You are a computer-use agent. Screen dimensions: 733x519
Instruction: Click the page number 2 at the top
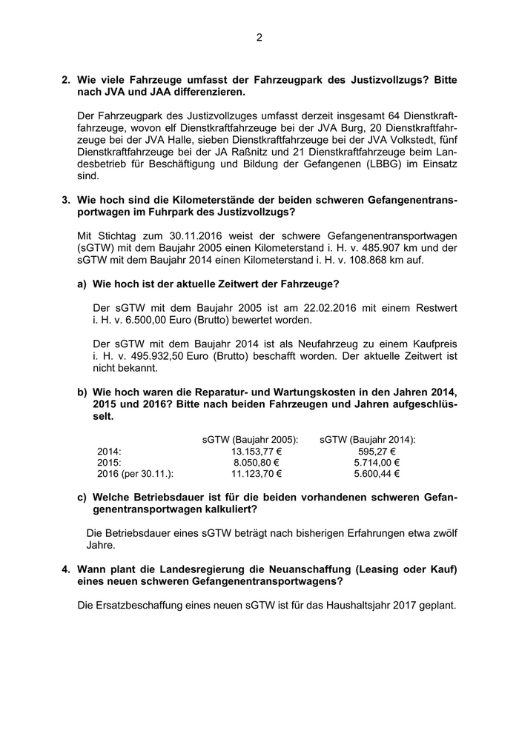259,37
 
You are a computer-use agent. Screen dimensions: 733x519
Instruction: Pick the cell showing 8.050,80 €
256,462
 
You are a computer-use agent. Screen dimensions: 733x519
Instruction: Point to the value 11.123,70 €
256,474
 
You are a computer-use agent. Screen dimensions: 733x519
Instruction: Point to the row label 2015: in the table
109,462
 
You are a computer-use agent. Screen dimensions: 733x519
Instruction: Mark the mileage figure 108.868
343,261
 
